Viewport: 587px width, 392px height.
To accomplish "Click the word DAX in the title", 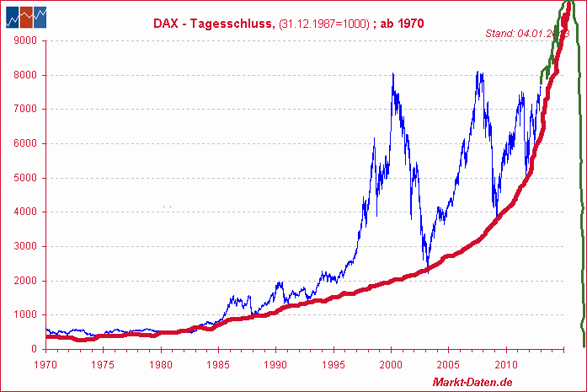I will pos(165,24).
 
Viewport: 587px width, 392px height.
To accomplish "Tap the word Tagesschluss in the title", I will pos(227,24).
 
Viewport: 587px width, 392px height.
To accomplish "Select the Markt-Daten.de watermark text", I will pos(472,383).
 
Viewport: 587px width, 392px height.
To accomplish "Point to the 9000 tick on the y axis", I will pos(25,40).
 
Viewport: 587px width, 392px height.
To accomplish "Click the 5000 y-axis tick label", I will pos(25,178).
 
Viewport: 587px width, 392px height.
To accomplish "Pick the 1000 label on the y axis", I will pos(25,315).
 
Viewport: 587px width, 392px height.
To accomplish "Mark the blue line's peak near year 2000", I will pos(393,74).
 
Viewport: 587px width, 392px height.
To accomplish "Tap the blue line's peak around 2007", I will pos(478,72).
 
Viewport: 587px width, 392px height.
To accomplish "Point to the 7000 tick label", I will pos(25,109).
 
